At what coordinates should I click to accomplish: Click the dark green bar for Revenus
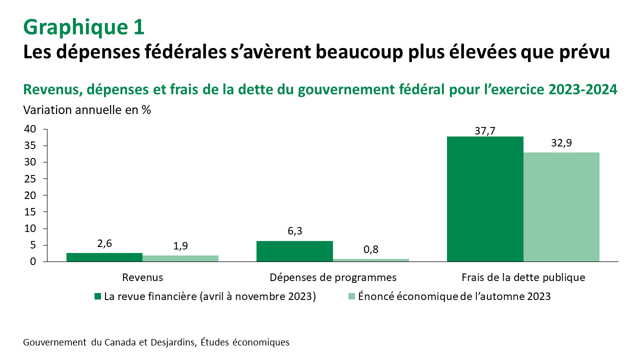click(104, 257)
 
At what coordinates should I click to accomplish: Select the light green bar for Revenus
click(180, 258)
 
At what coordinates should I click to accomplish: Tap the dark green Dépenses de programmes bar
click(294, 251)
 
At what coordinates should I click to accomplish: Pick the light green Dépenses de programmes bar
click(371, 260)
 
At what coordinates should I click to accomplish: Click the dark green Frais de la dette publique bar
click(485, 199)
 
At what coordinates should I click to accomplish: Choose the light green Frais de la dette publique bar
click(561, 207)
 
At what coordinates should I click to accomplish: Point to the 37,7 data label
click(485, 131)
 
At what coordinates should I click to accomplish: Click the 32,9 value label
click(561, 143)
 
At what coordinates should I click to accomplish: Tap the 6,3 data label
click(294, 231)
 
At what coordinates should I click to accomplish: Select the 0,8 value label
click(371, 249)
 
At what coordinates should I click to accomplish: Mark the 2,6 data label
click(104, 243)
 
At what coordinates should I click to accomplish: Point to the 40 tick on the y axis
click(30, 129)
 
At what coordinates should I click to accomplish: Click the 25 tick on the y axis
click(30, 178)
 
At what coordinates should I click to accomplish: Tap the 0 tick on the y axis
click(32, 261)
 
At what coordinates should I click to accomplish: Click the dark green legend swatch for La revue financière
click(98, 296)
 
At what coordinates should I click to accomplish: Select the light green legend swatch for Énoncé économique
click(351, 296)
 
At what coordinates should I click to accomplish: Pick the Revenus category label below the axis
click(142, 277)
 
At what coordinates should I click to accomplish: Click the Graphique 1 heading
click(84, 27)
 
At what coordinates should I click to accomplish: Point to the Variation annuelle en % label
click(87, 110)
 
